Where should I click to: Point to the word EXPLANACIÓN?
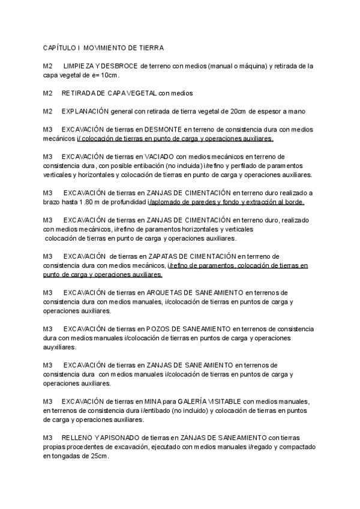[85, 111]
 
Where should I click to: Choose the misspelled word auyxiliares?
[59, 347]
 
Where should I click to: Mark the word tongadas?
[70, 456]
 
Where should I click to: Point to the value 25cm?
[100, 456]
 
